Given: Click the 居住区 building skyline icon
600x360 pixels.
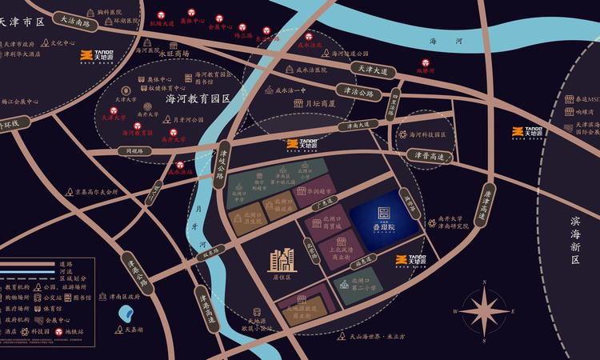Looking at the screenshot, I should [281, 259].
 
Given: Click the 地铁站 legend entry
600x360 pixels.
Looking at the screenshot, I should [69, 330].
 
